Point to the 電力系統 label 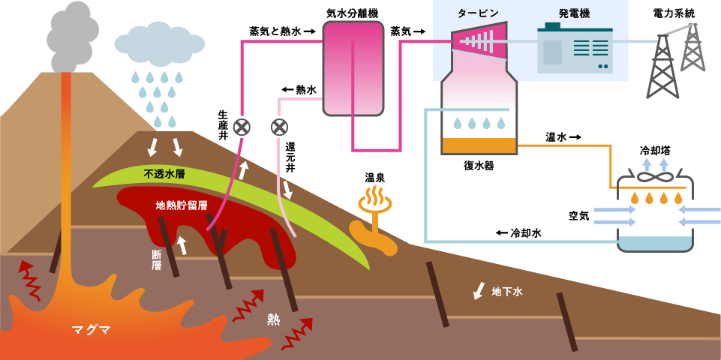point(674,13)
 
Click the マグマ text point(91,329)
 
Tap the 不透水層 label point(164,174)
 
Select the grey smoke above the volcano point(72,34)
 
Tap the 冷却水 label point(526,233)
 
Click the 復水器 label point(479,166)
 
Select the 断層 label point(157,259)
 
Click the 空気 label point(578,216)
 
